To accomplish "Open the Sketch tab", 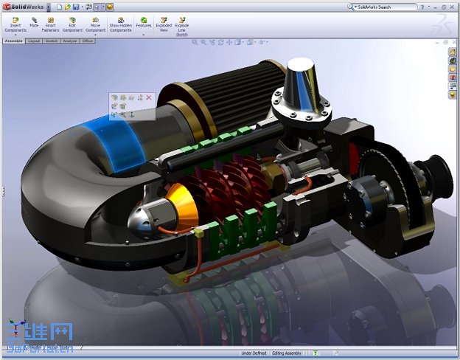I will [x=52, y=41].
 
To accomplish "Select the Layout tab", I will [x=34, y=41].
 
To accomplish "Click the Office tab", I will [x=88, y=41].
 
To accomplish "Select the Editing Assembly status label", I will [x=290, y=353].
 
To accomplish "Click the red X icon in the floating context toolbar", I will [x=149, y=97].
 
